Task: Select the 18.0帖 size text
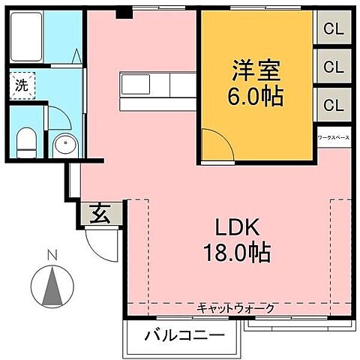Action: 238,252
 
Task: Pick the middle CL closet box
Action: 333,66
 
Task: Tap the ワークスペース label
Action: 333,138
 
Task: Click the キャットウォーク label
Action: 236,308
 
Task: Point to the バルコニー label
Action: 184,334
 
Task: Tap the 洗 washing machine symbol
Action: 20,85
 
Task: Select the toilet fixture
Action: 25,140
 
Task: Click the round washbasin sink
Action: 62,145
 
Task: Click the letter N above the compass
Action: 52,255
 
